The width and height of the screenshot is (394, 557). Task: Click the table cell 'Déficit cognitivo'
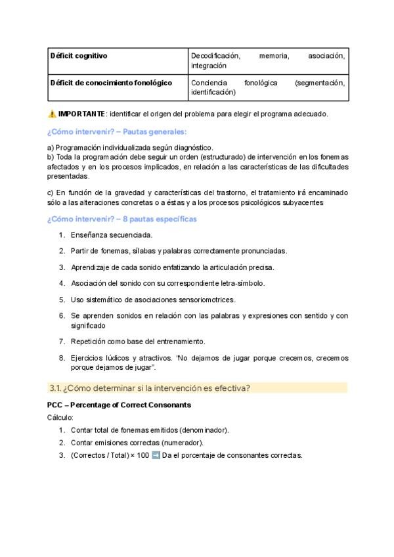point(79,56)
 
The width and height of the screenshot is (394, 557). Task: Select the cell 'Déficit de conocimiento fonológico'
point(111,83)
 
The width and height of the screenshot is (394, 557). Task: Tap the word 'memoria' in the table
point(274,56)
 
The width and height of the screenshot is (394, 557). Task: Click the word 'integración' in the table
point(209,66)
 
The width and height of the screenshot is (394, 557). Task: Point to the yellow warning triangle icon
point(53,114)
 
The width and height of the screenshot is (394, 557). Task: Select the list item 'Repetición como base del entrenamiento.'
point(138,342)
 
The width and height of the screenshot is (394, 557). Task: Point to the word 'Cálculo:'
point(60,417)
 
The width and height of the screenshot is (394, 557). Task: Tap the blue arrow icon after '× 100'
point(156,455)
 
